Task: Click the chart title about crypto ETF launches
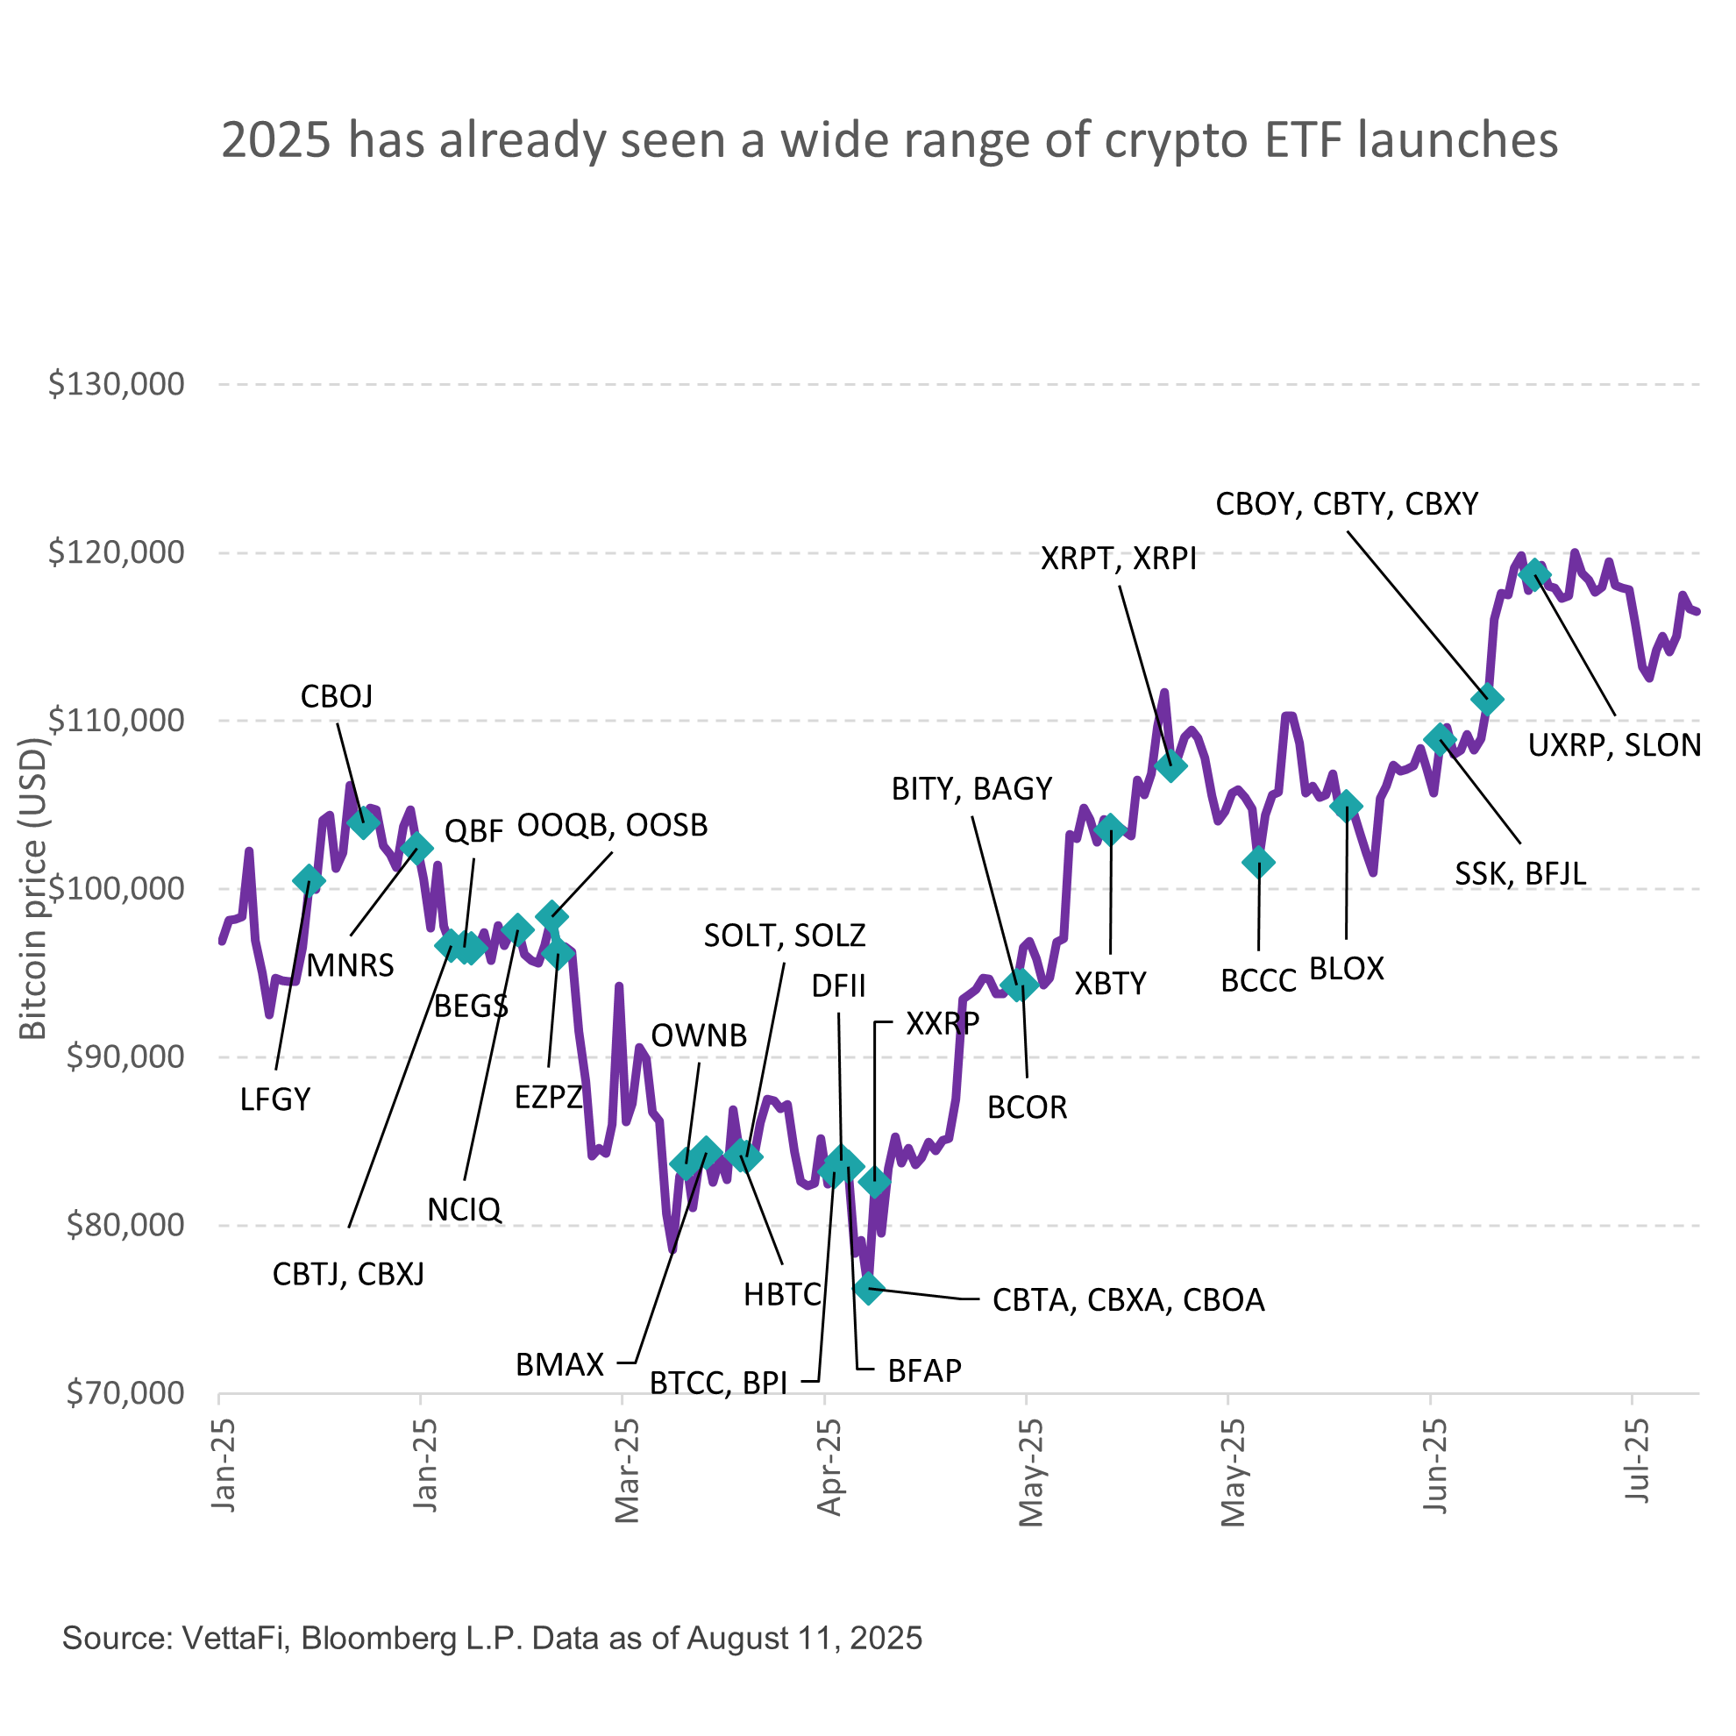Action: pyautogui.click(x=890, y=141)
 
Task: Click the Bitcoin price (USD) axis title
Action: pyautogui.click(x=33, y=890)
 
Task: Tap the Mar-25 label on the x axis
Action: pyautogui.click(x=627, y=1470)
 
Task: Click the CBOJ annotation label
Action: pyautogui.click(x=336, y=696)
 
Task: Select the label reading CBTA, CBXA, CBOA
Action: pyautogui.click(x=1128, y=1301)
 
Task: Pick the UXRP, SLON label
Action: pyautogui.click(x=1615, y=746)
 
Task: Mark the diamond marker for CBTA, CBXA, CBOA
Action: pyautogui.click(x=868, y=1289)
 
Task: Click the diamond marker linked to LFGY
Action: pyautogui.click(x=309, y=880)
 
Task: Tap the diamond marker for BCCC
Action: pyautogui.click(x=1258, y=863)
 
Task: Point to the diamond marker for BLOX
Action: pyautogui.click(x=1346, y=806)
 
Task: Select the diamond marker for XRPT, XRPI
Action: pyautogui.click(x=1170, y=766)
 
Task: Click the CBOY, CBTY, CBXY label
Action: pyautogui.click(x=1347, y=505)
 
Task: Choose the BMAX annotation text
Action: pyautogui.click(x=559, y=1366)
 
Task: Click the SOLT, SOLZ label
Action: pyautogui.click(x=785, y=936)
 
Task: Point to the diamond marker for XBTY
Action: pyautogui.click(x=1111, y=829)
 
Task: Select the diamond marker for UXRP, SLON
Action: pyautogui.click(x=1534, y=573)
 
